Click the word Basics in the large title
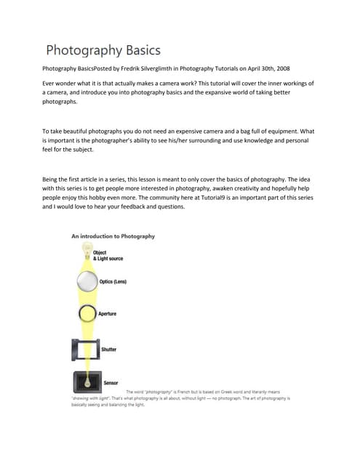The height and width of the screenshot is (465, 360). (137, 51)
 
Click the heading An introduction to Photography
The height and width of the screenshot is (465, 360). (113, 236)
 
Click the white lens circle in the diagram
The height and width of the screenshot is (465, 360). (87, 281)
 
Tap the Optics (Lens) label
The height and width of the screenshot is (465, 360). (116, 282)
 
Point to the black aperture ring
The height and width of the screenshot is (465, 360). (87, 313)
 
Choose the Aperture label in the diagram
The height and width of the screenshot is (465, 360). (108, 314)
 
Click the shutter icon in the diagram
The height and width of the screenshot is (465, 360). (86, 349)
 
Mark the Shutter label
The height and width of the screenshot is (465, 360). (108, 349)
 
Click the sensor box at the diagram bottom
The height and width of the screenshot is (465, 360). (87, 381)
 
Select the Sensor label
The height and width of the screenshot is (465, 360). (111, 382)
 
